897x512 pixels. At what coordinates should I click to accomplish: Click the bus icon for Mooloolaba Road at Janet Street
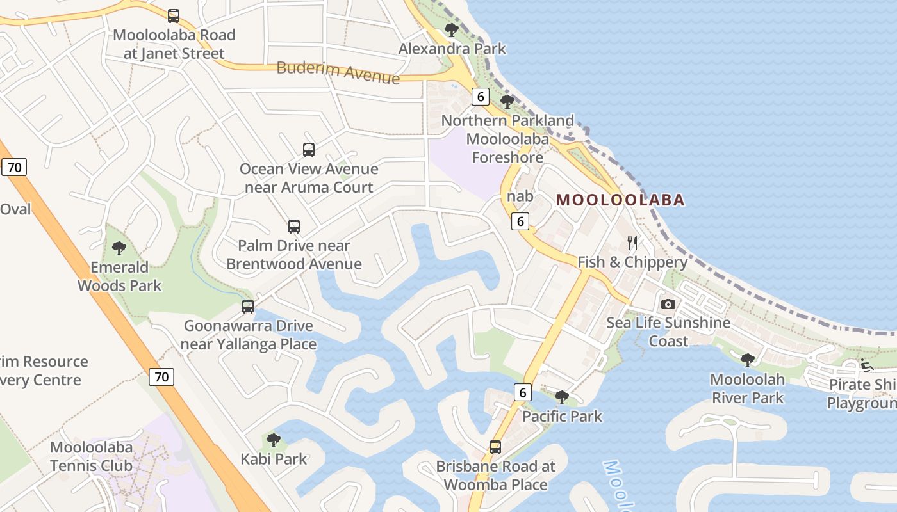174,16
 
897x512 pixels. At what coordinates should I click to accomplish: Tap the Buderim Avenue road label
338,72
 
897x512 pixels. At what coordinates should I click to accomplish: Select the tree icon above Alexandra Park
452,29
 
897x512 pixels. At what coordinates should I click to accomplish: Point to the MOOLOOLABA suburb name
620,200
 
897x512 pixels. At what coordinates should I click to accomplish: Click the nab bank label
520,196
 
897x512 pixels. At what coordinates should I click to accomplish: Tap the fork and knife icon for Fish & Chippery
632,243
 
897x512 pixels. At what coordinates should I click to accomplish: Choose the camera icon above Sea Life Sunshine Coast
668,304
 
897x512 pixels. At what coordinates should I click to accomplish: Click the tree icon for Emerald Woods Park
119,248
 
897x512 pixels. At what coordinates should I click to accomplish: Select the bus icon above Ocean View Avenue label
309,150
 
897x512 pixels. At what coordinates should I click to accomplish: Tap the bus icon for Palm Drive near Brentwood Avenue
294,227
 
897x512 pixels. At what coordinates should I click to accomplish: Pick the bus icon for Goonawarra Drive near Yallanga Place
248,307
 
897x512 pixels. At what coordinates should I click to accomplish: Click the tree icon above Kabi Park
274,440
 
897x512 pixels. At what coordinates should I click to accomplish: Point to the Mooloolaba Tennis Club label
92,456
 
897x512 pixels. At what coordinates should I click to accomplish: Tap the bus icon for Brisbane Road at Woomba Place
495,447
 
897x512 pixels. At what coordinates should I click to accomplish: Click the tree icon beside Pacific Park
562,397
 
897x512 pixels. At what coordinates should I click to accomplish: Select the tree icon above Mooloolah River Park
747,360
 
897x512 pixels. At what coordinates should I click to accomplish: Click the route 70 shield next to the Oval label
14,168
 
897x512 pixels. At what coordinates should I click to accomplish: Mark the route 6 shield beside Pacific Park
523,392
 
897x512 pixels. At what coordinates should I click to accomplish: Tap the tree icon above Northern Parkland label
507,102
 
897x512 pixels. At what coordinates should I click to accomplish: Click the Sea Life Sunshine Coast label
668,332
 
